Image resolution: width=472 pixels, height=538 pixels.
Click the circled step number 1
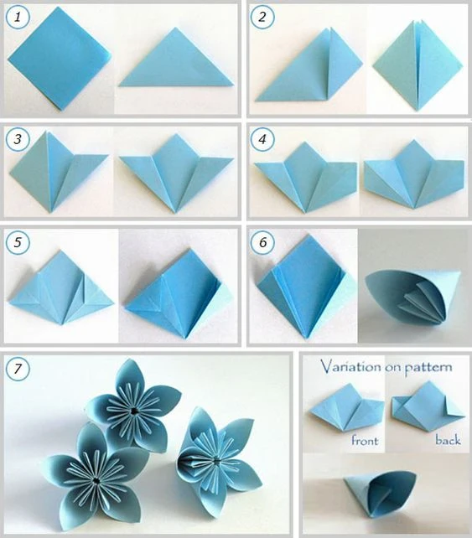point(18,17)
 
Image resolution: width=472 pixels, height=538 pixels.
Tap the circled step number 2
point(262,17)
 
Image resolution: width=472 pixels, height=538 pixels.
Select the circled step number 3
point(18,139)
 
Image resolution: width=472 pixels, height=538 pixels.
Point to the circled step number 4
point(262,139)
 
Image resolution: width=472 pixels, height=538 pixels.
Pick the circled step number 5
point(18,242)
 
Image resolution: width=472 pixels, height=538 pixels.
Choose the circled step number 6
point(262,242)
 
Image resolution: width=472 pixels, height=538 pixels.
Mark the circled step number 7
point(18,369)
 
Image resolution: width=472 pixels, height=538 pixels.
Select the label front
point(365,440)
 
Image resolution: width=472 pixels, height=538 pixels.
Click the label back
point(448,439)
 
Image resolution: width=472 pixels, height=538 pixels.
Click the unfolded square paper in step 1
point(60,59)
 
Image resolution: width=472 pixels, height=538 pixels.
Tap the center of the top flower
point(134,411)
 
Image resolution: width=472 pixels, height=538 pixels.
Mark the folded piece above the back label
point(428,402)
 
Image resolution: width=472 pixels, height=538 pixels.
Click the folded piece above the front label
point(347,406)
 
